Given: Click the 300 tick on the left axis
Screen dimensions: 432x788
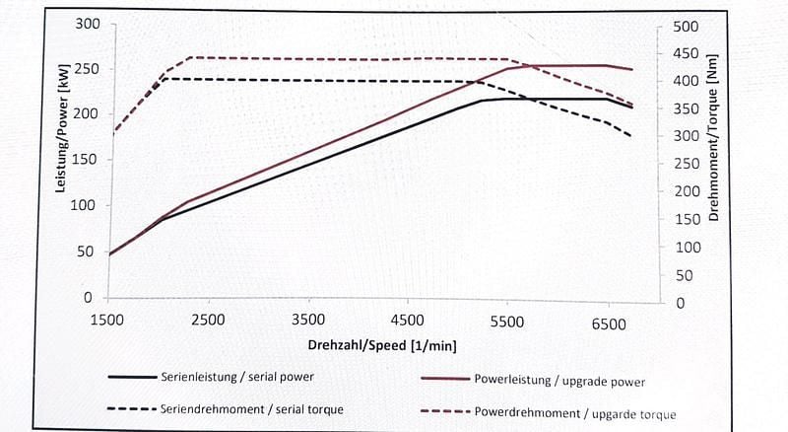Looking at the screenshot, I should (x=88, y=23).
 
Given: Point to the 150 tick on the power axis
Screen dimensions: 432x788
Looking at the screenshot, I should (x=88, y=160).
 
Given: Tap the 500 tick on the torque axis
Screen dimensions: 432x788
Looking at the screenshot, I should (x=685, y=27).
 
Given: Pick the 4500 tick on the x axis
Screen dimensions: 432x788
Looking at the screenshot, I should (x=408, y=321).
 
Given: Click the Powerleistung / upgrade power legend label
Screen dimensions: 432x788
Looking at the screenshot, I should (x=559, y=380).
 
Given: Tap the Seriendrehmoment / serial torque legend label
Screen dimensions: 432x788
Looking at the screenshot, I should (x=251, y=408).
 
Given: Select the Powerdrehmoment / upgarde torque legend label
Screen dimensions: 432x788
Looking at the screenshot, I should (x=575, y=413).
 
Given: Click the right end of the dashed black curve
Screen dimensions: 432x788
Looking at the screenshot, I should (x=630, y=136).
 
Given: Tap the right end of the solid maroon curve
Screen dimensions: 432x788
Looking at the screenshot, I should (x=632, y=69).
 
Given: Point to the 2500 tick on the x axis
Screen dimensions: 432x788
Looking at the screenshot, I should (x=208, y=321).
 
